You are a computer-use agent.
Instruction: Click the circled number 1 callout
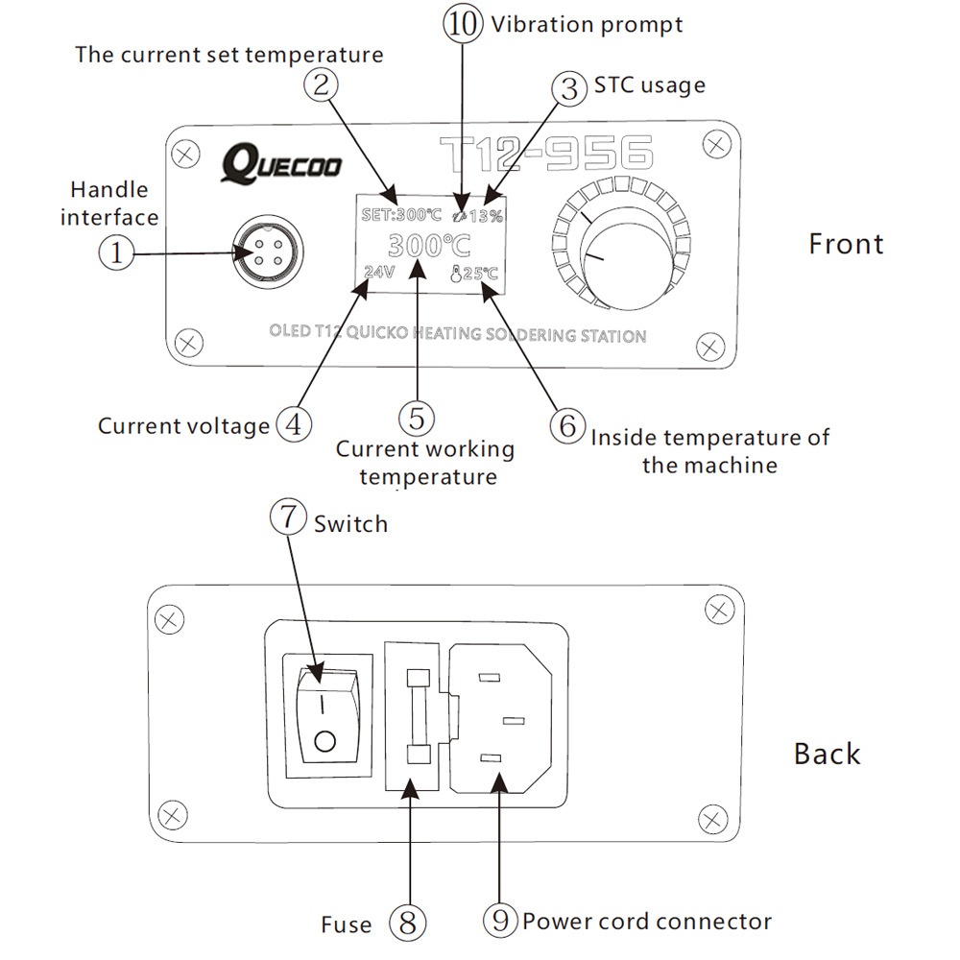tap(116, 253)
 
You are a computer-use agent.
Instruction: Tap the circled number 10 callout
tap(463, 25)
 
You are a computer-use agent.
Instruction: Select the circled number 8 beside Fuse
tap(407, 923)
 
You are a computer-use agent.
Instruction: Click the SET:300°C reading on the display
tap(401, 215)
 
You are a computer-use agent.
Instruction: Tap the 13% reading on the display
tap(485, 216)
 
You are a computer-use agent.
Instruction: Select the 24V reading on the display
tap(380, 272)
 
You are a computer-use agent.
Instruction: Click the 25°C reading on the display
tap(474, 273)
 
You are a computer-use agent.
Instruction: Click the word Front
tap(845, 244)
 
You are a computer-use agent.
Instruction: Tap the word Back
tap(827, 754)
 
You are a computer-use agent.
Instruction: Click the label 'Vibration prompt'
tap(587, 25)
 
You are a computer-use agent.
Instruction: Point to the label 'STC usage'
tap(649, 85)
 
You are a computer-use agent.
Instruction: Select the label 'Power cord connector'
tap(647, 923)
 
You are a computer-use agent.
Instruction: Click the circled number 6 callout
tap(568, 425)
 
